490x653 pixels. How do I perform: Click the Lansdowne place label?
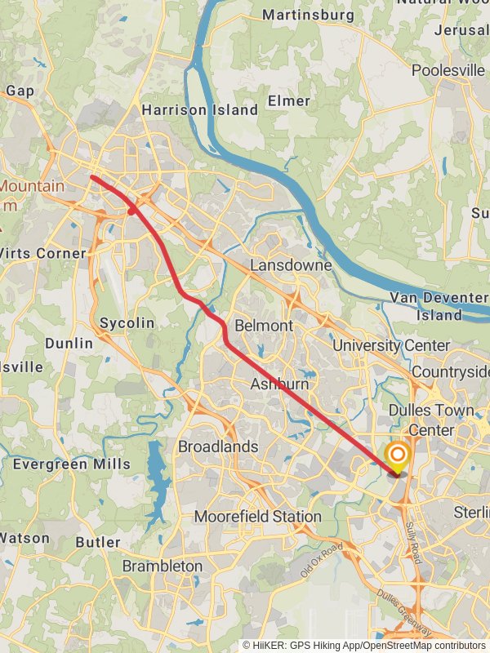[291, 265]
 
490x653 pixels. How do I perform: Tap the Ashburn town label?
[279, 384]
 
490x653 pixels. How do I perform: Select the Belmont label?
[263, 326]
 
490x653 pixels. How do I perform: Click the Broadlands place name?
[218, 446]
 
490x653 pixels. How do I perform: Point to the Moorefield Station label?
[257, 517]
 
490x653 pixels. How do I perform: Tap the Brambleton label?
[163, 566]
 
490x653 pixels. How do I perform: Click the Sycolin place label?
[127, 323]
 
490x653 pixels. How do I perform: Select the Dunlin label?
[69, 344]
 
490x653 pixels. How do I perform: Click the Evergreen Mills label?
[71, 464]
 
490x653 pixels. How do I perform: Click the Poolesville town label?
[448, 70]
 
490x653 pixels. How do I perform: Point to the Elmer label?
[289, 101]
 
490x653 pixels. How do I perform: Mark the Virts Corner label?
[42, 253]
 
